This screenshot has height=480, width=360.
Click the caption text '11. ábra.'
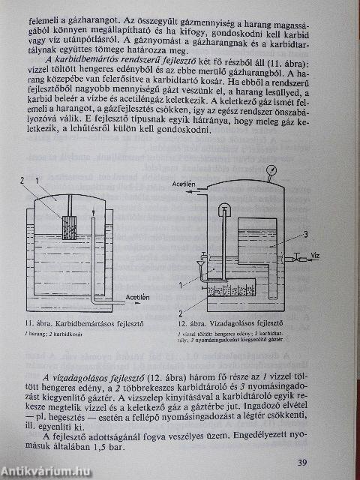(x=32, y=324)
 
